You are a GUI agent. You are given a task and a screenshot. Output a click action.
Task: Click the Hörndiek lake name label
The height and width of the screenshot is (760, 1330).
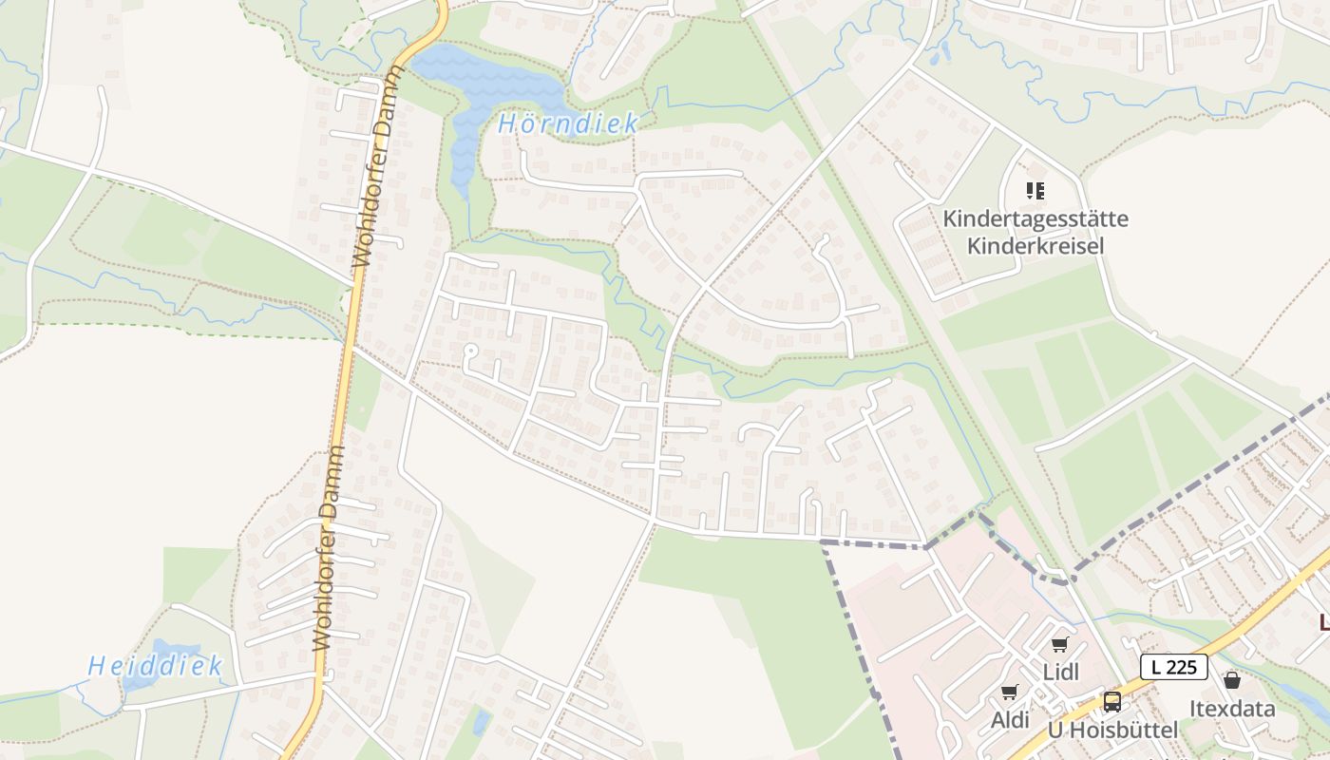click(x=568, y=123)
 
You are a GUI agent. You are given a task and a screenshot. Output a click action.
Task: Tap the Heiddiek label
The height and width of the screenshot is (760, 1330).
click(x=156, y=665)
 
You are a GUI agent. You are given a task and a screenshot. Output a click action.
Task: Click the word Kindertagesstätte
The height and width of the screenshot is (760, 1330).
click(x=1035, y=219)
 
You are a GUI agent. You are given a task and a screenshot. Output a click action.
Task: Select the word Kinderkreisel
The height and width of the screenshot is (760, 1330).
click(x=1035, y=246)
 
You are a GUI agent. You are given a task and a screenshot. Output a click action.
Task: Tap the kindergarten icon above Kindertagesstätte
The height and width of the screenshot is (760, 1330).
click(x=1035, y=191)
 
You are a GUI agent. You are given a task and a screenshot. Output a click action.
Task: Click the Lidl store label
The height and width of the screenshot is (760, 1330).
click(x=1061, y=672)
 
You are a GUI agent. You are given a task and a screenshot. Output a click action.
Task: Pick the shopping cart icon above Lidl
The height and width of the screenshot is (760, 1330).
click(x=1060, y=645)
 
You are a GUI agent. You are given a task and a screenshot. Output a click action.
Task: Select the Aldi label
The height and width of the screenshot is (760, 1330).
click(x=1010, y=720)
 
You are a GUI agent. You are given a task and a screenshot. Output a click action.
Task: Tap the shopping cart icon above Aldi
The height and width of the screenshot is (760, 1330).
click(x=1009, y=693)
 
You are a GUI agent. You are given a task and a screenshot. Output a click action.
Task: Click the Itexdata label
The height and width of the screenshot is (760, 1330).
click(x=1232, y=708)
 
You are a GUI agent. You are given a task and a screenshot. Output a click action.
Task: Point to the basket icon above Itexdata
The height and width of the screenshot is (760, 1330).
click(x=1232, y=680)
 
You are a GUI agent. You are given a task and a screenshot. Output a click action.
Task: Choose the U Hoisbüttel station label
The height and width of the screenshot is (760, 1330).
click(x=1111, y=731)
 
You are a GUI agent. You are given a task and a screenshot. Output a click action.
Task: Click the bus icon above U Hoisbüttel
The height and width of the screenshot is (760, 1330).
click(x=1111, y=702)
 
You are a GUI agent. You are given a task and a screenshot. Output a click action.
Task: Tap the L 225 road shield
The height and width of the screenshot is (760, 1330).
click(x=1173, y=667)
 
